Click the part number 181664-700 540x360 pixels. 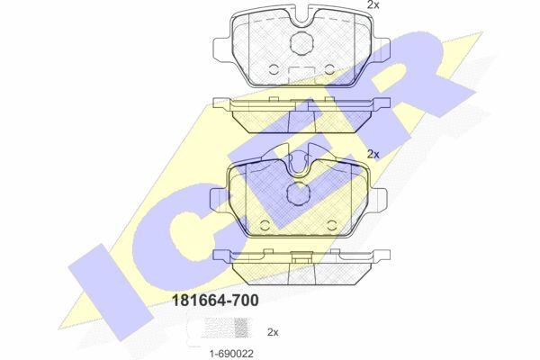[x=215, y=301]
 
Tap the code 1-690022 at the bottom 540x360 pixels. [x=231, y=353]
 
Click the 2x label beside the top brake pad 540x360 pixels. [x=373, y=4]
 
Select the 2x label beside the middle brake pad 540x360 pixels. [x=373, y=154]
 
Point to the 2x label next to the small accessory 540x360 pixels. [x=273, y=332]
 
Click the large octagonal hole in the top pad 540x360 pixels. [x=301, y=42]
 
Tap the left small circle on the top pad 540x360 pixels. [x=274, y=69]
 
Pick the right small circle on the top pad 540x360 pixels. [x=330, y=69]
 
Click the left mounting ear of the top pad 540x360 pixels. [x=223, y=49]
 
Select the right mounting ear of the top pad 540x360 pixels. [x=380, y=49]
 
